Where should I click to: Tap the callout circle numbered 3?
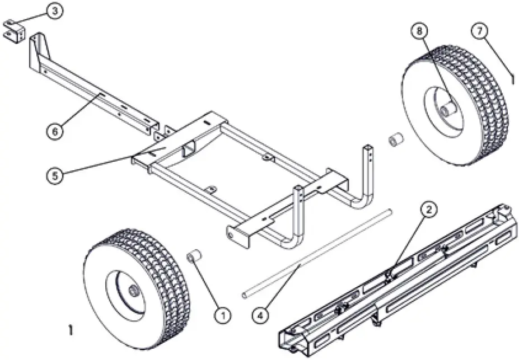tap(54, 12)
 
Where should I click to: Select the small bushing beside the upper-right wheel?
tap(396, 139)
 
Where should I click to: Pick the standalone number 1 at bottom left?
tap(70, 331)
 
